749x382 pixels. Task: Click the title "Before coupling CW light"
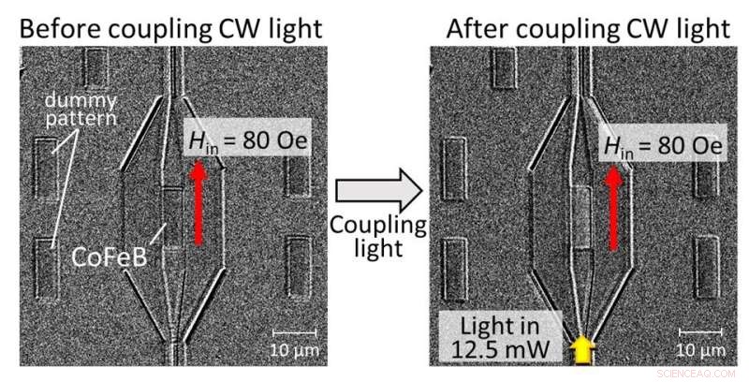click(171, 28)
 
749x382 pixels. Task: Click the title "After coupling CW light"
click(587, 28)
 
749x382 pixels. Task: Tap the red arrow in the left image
click(197, 202)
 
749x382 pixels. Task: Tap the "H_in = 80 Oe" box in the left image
click(244, 142)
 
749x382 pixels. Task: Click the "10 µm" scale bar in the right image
click(699, 341)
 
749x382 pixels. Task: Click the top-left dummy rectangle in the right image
click(504, 68)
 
